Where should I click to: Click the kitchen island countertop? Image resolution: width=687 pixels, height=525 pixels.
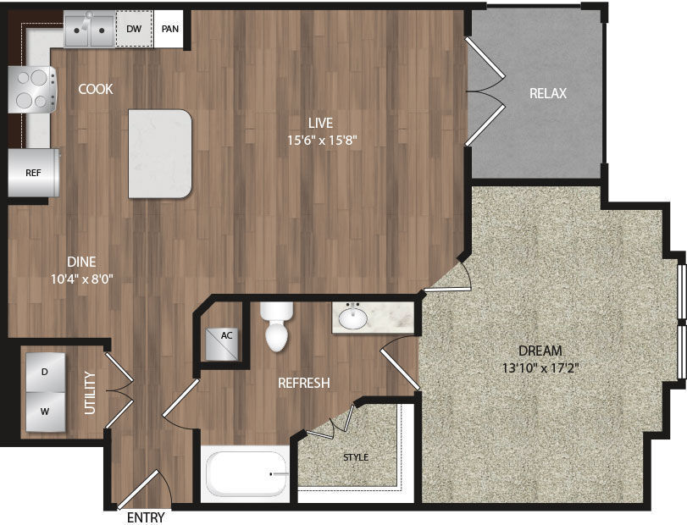click(x=160, y=153)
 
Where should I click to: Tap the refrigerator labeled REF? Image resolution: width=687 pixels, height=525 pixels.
click(x=34, y=173)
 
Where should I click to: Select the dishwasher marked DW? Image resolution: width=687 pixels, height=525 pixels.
click(x=133, y=29)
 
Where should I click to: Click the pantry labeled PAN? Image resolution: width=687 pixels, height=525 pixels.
click(x=169, y=29)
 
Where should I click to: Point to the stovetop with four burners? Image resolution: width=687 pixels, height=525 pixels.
click(x=32, y=89)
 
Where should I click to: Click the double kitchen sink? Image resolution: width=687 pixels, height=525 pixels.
click(x=90, y=32)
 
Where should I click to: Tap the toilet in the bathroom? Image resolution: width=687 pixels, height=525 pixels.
click(x=276, y=328)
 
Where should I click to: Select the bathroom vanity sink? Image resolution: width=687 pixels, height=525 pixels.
click(x=353, y=318)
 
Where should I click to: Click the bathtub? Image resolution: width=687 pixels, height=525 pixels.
click(x=246, y=475)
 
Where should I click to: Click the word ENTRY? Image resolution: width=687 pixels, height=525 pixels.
click(x=145, y=517)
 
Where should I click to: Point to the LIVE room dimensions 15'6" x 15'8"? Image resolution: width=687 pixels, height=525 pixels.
click(x=315, y=141)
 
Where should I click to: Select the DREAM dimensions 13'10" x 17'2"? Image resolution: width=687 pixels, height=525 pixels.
click(x=540, y=367)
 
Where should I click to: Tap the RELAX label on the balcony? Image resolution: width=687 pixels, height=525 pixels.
click(x=547, y=93)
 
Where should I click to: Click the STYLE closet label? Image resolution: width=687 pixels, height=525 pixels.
click(x=355, y=457)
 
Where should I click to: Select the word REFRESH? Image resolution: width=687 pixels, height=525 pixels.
click(x=303, y=384)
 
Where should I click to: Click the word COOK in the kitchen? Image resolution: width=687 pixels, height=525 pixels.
click(x=96, y=89)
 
